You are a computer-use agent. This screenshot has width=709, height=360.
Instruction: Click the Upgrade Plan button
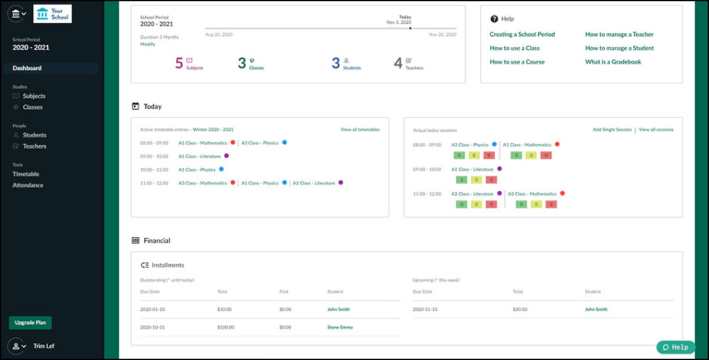pyautogui.click(x=30, y=322)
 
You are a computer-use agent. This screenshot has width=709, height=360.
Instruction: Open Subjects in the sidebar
pyautogui.click(x=33, y=96)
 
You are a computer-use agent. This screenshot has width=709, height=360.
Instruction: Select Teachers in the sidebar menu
pyautogui.click(x=34, y=146)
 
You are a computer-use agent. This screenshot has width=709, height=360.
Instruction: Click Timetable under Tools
pyautogui.click(x=26, y=174)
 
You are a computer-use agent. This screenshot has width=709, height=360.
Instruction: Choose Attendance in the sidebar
pyautogui.click(x=28, y=185)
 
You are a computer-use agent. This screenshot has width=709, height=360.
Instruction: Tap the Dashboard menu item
pyautogui.click(x=27, y=68)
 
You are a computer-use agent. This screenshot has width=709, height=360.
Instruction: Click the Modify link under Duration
pyautogui.click(x=148, y=44)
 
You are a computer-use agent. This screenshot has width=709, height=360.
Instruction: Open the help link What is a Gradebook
pyautogui.click(x=613, y=62)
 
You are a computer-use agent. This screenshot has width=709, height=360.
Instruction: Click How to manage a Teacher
pyautogui.click(x=619, y=34)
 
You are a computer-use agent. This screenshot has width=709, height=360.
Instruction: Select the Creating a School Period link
pyautogui.click(x=522, y=34)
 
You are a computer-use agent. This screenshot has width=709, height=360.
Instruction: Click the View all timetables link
pyautogui.click(x=360, y=130)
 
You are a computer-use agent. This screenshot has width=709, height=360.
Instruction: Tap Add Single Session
pyautogui.click(x=612, y=130)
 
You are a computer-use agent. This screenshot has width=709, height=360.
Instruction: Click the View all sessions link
pyautogui.click(x=656, y=130)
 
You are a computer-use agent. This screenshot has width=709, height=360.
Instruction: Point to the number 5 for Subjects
pyautogui.click(x=178, y=63)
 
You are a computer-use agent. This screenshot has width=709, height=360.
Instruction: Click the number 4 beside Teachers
pyautogui.click(x=398, y=63)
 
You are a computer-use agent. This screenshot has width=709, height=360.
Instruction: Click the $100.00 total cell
pyautogui.click(x=225, y=326)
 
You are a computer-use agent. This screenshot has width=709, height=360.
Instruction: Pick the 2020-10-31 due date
pyautogui.click(x=152, y=326)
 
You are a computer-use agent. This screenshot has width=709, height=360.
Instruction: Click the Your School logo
pyautogui.click(x=52, y=14)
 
